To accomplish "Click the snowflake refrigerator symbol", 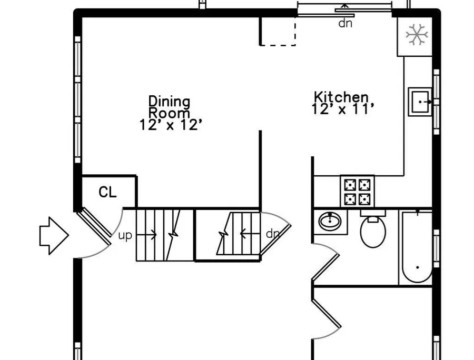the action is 417,34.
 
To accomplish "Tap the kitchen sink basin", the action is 420,102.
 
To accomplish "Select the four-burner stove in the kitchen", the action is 357,191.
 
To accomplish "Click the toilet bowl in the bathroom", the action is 373,232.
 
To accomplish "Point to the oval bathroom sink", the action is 330,221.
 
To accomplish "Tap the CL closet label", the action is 107,192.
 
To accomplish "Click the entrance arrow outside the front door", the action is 54,236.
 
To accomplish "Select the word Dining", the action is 169,102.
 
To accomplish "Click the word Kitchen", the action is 342,97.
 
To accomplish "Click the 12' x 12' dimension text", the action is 171,125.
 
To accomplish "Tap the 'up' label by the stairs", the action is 125,235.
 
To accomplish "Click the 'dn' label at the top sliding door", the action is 345,23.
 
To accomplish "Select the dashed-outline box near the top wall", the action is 278,31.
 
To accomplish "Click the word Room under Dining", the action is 170,113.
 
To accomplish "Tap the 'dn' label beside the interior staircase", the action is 273,234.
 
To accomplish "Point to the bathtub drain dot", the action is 418,267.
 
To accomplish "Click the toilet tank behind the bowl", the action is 373,213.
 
